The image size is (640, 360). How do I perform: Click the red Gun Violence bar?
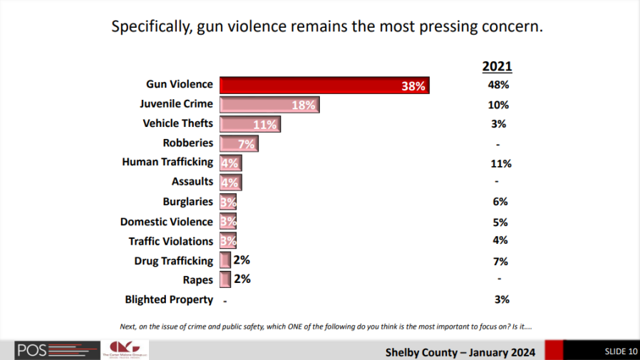point(324,85)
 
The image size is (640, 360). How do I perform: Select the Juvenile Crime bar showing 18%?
point(269,105)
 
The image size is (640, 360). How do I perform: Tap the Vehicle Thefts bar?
point(249,124)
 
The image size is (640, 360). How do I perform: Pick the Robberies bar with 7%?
point(238,143)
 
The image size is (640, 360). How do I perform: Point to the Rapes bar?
point(225,279)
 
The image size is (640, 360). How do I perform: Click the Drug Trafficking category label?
point(173,261)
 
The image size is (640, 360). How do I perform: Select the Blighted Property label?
point(169,299)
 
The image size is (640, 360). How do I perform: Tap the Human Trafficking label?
point(167,163)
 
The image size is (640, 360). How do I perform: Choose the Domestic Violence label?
point(166,222)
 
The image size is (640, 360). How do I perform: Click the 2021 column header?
point(497,66)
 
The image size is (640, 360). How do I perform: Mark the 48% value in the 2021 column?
point(497,85)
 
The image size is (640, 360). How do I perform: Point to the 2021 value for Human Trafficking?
point(500,163)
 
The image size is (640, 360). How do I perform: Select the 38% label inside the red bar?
point(413,86)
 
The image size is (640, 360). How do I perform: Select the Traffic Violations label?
point(170,241)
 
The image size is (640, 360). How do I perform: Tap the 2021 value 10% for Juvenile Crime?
point(498,105)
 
